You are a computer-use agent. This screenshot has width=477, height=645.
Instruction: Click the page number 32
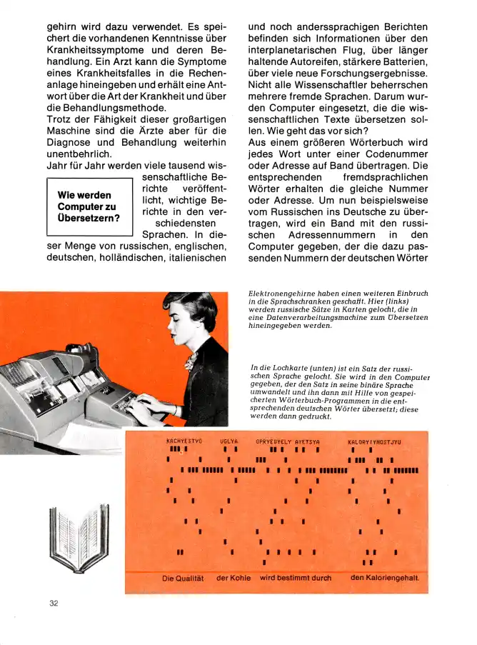click(x=54, y=603)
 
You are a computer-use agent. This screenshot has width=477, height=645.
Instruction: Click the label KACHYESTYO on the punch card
click(x=184, y=442)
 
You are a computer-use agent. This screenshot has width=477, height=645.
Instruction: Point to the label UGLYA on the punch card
click(x=229, y=442)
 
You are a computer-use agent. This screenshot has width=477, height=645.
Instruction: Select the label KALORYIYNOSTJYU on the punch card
click(x=374, y=442)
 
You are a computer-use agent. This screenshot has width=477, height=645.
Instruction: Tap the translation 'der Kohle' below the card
click(x=234, y=578)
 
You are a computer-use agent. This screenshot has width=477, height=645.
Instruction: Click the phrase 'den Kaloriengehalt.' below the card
click(x=385, y=577)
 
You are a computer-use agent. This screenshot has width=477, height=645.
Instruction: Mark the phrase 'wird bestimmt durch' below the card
click(x=296, y=577)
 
